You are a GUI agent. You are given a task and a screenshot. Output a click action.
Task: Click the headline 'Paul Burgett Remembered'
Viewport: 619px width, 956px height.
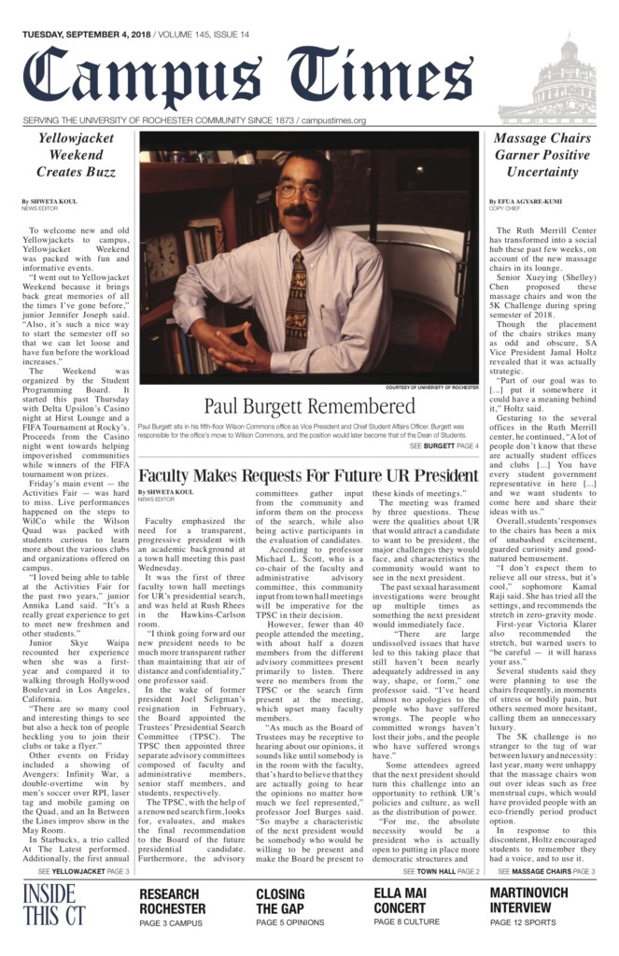pyautogui.click(x=309, y=406)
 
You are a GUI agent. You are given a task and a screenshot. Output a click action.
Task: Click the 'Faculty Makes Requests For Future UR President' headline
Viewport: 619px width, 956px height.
pyautogui.click(x=308, y=475)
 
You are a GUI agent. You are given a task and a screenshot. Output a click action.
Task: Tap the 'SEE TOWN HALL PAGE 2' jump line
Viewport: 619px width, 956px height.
pyautogui.click(x=441, y=871)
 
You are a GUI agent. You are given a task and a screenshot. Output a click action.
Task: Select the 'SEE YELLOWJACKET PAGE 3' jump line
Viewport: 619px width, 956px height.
pyautogui.click(x=84, y=871)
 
